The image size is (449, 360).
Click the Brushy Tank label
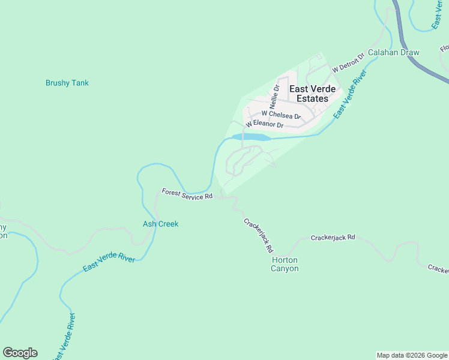pyautogui.click(x=67, y=83)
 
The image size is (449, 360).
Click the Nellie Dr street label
pyautogui.click(x=276, y=95)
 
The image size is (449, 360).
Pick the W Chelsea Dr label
pyautogui.click(x=280, y=114)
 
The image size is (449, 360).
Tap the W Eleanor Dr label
pyautogui.click(x=264, y=124)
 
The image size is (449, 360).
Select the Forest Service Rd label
pyautogui.click(x=187, y=194)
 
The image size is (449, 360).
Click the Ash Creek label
pyautogui.click(x=160, y=224)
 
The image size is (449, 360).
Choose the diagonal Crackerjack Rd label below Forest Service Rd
pyautogui.click(x=259, y=235)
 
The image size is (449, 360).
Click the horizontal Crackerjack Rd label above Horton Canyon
pyautogui.click(x=333, y=238)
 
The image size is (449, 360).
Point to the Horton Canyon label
pyautogui.click(x=285, y=264)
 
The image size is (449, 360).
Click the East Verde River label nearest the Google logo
pyautogui.click(x=64, y=336)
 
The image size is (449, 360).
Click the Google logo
pyautogui.click(x=20, y=353)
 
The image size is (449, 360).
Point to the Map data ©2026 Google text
pyautogui.click(x=412, y=355)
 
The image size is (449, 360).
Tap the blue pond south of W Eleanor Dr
pyautogui.click(x=250, y=137)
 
